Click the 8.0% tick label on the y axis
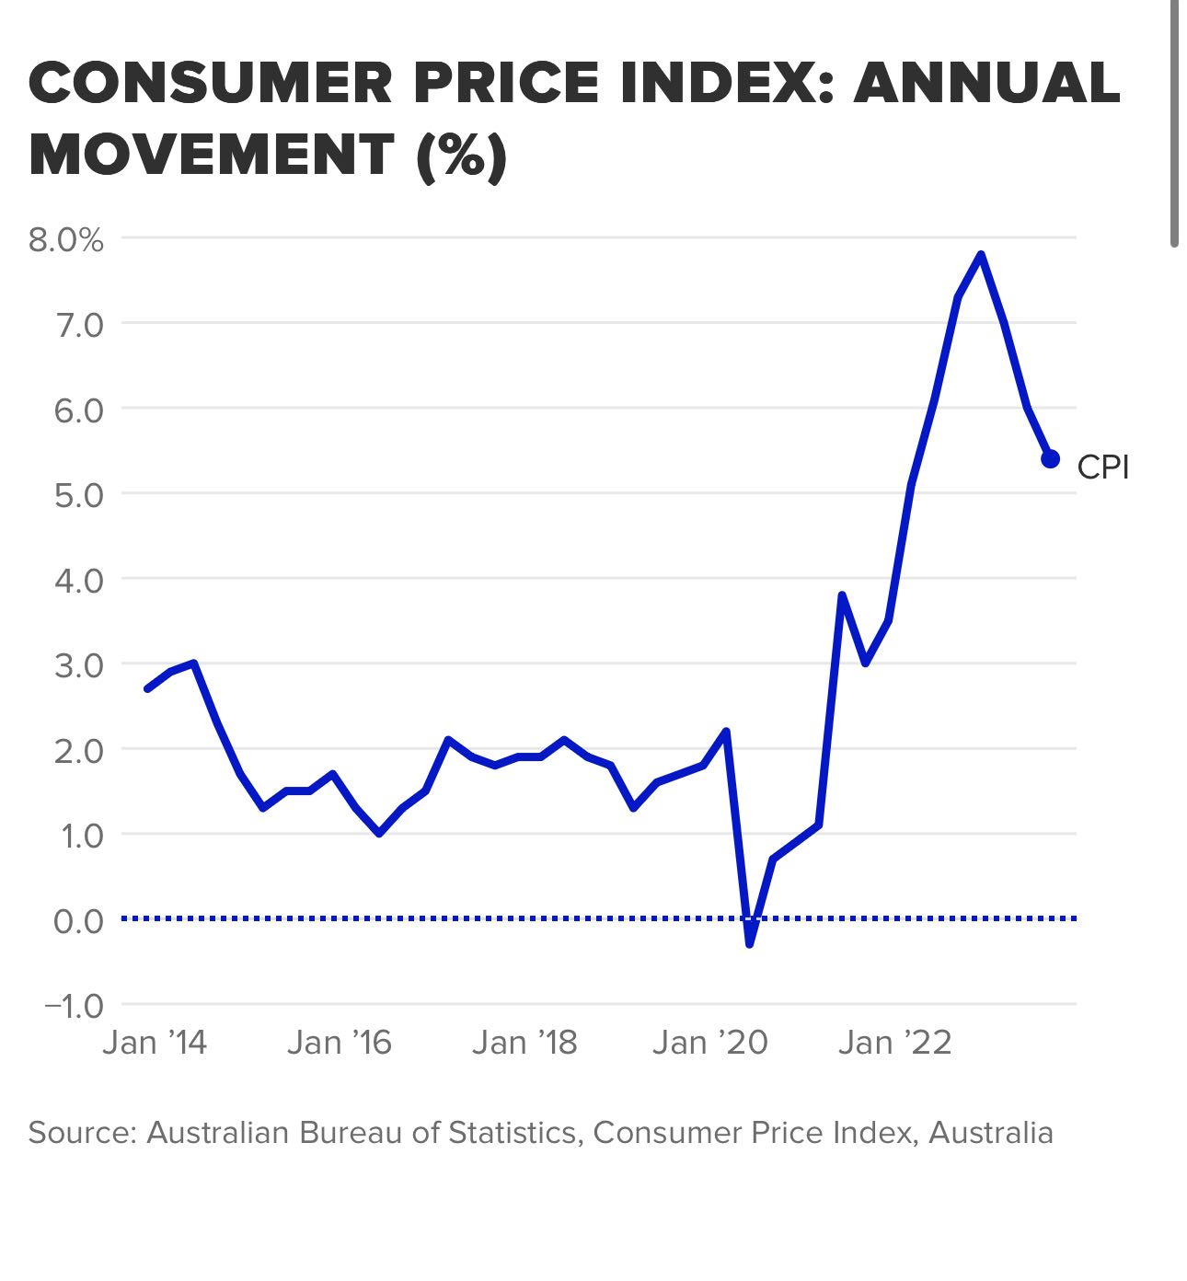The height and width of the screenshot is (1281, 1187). pos(65,240)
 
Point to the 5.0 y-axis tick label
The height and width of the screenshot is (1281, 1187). pos(79,495)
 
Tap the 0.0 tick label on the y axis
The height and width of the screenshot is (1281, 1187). pos(79,920)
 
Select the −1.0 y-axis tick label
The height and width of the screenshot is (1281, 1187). pos(74,1006)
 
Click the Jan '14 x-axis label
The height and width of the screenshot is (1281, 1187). pos(155,1044)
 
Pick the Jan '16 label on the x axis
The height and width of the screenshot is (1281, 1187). pos(340,1044)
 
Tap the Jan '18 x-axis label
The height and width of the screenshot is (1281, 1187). pos(524,1044)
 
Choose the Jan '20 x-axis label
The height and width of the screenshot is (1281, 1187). pos(709,1044)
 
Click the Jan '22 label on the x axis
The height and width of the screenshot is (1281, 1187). pos(894,1044)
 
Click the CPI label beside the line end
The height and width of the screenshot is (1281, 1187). pos(1102,467)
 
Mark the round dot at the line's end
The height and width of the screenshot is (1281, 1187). pos(1050,459)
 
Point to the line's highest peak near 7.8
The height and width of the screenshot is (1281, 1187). pos(981,255)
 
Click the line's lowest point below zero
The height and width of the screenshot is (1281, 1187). pos(750,943)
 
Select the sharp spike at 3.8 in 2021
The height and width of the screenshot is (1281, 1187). pos(842,595)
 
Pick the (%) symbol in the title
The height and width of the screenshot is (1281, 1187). pos(461,155)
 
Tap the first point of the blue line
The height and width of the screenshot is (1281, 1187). pos(147,688)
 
